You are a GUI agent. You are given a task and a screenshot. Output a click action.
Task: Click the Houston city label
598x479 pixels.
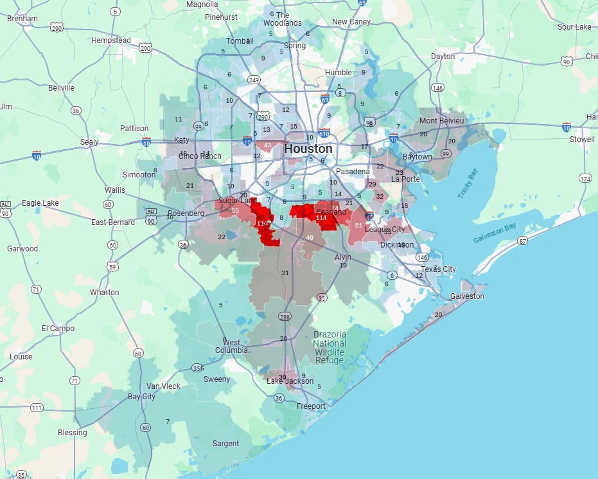(308, 149)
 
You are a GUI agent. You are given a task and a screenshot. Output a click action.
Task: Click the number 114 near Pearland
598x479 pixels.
(322, 218)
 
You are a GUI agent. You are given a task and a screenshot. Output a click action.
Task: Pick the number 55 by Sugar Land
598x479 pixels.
(235, 211)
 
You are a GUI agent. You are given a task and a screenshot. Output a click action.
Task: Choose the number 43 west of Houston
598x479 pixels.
(267, 144)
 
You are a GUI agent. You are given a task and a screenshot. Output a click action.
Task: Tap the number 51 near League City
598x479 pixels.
(358, 226)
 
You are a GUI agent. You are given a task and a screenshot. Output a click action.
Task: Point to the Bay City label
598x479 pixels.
(141, 397)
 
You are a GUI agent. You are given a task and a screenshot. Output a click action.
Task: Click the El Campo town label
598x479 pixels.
(58, 329)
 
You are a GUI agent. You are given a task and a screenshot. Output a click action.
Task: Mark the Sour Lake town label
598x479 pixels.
(574, 27)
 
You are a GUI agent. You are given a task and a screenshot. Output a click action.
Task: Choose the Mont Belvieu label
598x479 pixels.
(441, 121)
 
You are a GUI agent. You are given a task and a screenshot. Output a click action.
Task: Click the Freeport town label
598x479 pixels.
(311, 406)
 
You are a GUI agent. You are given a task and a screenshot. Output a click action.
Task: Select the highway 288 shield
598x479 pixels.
(285, 317)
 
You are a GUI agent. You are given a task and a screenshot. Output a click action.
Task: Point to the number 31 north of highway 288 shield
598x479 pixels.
(285, 273)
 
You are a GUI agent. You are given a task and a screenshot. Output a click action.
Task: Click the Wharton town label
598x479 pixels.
(104, 293)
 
